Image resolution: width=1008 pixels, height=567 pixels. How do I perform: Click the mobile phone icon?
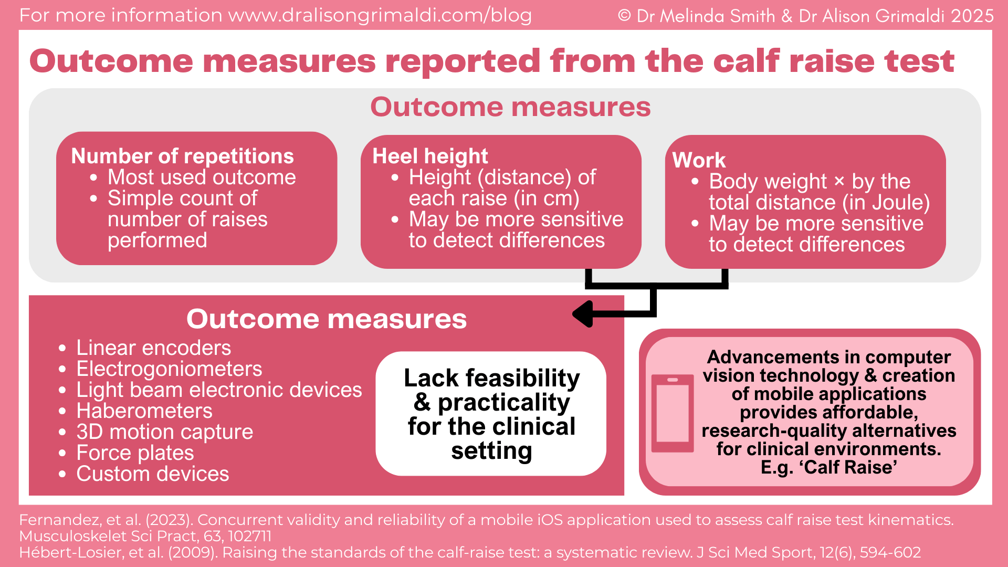click(673, 413)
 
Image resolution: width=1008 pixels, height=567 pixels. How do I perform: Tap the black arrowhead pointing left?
click(584, 314)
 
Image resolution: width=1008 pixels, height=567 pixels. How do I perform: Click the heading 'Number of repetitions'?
click(182, 156)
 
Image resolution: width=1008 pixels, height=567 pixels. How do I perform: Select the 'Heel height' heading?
click(430, 156)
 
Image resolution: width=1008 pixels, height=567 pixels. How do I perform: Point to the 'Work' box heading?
click(699, 160)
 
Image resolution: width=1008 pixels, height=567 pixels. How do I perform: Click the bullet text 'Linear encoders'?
click(153, 348)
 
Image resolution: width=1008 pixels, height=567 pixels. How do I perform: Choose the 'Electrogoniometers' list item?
click(169, 369)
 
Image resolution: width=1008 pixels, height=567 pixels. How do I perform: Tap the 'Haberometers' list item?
click(144, 411)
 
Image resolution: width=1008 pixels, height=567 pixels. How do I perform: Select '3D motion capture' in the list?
click(164, 432)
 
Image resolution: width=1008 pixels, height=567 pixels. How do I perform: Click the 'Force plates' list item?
click(135, 453)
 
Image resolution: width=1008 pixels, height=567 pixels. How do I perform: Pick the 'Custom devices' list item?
click(152, 474)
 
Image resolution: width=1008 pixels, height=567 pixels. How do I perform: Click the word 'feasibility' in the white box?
click(522, 378)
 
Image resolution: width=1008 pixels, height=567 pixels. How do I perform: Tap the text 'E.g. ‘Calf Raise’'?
click(828, 467)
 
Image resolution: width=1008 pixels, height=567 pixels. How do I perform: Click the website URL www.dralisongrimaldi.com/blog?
click(380, 15)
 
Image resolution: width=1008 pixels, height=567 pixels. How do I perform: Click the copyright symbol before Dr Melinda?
click(624, 16)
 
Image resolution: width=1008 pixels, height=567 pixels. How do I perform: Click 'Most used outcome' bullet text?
click(202, 177)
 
